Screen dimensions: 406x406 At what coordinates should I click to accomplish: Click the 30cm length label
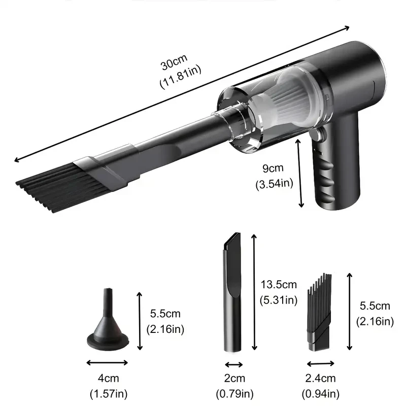[x=174, y=65]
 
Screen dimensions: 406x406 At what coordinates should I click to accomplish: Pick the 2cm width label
[x=234, y=378]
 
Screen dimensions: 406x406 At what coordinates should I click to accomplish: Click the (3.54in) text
[x=275, y=183]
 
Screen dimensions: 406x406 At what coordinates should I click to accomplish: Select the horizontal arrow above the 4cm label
[x=107, y=362]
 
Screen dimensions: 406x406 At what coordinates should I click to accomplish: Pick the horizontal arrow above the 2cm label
[x=234, y=364]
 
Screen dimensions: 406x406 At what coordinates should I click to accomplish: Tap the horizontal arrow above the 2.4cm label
[x=320, y=363]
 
